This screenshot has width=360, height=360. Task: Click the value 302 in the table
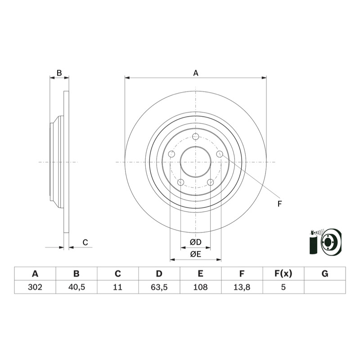pos(35,287)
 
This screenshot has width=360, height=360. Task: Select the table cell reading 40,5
pos(76,287)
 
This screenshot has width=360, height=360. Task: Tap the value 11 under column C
pos(117,287)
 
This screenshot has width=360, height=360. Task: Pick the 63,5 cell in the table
pos(159,287)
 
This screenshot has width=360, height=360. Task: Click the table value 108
pos(200,287)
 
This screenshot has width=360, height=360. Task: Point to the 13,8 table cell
pos(242,287)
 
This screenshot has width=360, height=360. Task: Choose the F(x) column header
pos(283,274)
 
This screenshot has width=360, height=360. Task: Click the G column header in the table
pos(325,274)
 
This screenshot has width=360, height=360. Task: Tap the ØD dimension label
pos(196,242)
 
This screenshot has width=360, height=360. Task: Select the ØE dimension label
pos(195,254)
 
